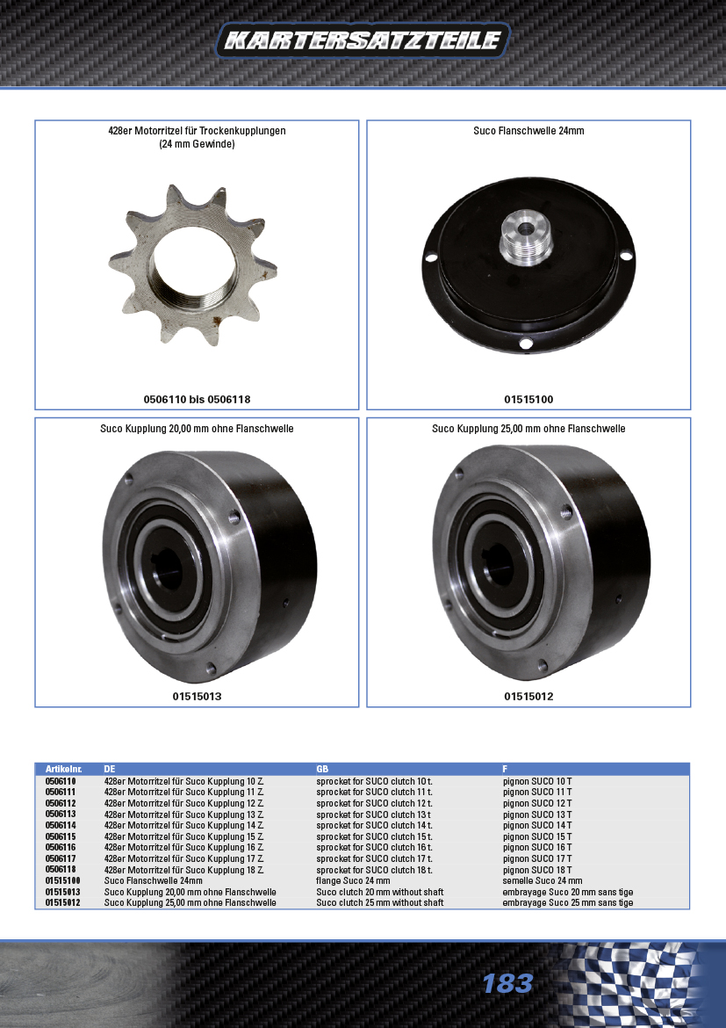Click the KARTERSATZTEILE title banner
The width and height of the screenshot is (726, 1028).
[x=363, y=40]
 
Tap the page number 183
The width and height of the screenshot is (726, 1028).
[x=507, y=983]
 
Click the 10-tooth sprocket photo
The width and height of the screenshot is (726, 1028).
[x=192, y=264]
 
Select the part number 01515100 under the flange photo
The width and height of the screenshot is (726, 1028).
[x=528, y=399]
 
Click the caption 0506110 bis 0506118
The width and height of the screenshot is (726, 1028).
[x=197, y=399]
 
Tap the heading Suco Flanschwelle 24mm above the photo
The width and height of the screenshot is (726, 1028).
[x=528, y=130]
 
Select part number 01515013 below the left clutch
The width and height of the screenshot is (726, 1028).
[x=197, y=696]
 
